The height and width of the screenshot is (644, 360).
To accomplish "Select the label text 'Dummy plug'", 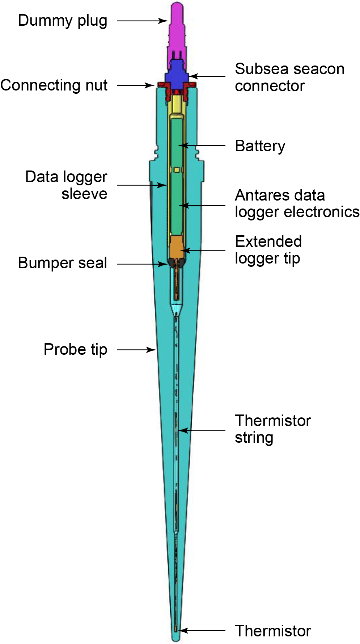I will (x=63, y=21).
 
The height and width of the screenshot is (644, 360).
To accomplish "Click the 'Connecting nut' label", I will (x=54, y=85).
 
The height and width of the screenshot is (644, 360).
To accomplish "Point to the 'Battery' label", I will (x=260, y=146).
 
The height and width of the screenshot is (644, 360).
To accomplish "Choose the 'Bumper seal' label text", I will (x=63, y=263).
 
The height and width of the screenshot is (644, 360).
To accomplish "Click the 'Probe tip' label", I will (x=75, y=350).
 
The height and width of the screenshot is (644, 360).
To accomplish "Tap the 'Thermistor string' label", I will (x=272, y=429).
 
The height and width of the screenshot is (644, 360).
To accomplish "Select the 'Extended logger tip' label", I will (x=268, y=250).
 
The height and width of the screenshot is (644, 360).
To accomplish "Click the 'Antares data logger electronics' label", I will (x=297, y=203).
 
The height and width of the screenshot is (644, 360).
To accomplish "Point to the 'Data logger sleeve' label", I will (x=67, y=185).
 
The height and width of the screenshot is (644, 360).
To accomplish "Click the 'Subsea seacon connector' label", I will (x=289, y=77).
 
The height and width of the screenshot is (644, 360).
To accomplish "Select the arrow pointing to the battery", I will (x=202, y=146).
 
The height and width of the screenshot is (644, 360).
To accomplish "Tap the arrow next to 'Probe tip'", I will (x=137, y=350).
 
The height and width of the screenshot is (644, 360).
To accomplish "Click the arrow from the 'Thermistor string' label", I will (x=202, y=430).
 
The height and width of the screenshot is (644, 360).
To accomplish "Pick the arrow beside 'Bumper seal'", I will (x=143, y=264).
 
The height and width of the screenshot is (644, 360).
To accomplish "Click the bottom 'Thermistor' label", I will (x=273, y=631).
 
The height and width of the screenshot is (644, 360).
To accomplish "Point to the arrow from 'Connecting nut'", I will (x=136, y=85).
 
